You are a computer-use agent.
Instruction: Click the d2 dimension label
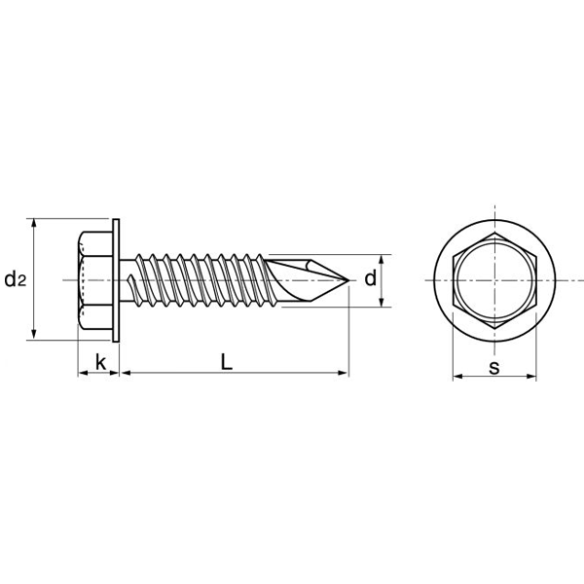coord(15,280)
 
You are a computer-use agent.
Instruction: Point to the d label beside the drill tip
coord(370,279)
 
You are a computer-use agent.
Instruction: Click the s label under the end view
coord(494,367)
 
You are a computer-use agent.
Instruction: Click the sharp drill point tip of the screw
coord(347,280)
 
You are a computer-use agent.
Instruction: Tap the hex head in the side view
coord(94,280)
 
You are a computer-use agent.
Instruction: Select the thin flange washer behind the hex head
coord(118,280)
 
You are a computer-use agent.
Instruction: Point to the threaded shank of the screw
coord(195,280)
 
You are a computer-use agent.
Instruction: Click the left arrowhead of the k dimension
coord(81,373)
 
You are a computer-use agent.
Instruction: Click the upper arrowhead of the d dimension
coord(381,259)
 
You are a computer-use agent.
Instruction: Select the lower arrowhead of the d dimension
coord(381,303)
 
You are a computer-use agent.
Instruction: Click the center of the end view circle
coord(494,280)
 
